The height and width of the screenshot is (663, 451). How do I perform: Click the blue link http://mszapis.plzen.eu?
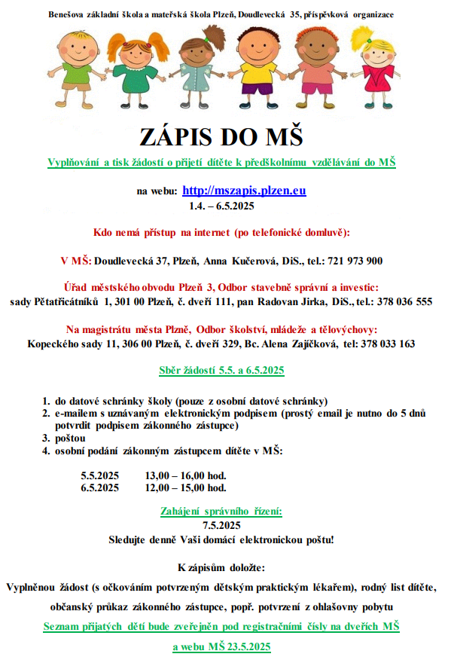point(244,191)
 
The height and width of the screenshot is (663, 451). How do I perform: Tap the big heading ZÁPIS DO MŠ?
point(221,137)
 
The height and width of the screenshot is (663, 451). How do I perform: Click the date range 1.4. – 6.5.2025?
point(221,205)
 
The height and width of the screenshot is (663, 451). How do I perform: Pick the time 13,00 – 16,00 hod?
point(185,475)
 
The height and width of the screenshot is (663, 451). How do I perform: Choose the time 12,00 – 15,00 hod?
point(185,487)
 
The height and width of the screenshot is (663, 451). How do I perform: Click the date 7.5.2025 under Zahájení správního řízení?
point(221,525)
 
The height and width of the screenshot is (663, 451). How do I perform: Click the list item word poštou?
point(71,438)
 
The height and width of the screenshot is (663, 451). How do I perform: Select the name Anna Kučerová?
point(236,261)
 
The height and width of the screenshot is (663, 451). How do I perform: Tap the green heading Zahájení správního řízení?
point(221,512)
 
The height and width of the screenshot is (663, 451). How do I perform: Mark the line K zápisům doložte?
point(221,566)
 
